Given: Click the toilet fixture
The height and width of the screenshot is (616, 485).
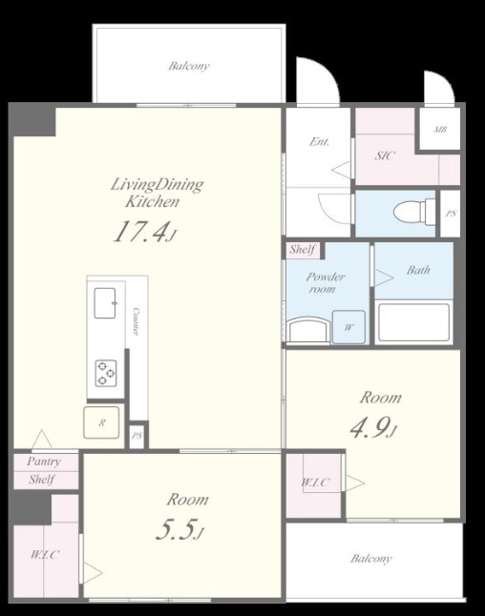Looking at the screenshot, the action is [x=414, y=213].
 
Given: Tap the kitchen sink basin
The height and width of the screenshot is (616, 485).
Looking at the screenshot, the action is [x=105, y=303].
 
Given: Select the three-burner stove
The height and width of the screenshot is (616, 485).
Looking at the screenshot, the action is [x=106, y=373].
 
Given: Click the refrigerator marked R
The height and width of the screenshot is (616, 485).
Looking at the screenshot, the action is [x=101, y=422].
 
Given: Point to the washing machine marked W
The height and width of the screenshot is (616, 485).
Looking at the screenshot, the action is [x=348, y=327].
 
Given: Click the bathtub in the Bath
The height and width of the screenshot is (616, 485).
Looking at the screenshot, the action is [x=413, y=322].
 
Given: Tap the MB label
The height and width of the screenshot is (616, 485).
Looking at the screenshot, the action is [x=440, y=129].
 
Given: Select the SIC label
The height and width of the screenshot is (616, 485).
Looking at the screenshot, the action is [x=385, y=155].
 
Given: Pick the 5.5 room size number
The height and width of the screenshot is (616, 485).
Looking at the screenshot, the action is [x=179, y=529].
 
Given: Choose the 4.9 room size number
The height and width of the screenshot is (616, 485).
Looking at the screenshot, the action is [x=372, y=428].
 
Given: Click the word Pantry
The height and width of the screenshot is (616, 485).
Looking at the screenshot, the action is [x=44, y=462].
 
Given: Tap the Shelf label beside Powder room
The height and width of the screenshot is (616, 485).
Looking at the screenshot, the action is [x=303, y=250].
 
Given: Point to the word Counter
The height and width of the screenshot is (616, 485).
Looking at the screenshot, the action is [x=137, y=321].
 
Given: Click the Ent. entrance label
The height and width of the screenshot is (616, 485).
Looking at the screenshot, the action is [x=319, y=141].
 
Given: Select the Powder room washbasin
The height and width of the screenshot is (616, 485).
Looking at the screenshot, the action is [x=308, y=331].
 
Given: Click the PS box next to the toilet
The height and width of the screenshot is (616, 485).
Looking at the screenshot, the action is [x=451, y=214].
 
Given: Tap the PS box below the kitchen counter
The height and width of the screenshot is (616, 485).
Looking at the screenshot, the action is [x=137, y=436].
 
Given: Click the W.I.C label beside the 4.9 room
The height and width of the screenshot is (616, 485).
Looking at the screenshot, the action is [x=315, y=483].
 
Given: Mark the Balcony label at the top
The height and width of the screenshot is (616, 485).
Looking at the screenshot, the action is [x=189, y=66].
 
